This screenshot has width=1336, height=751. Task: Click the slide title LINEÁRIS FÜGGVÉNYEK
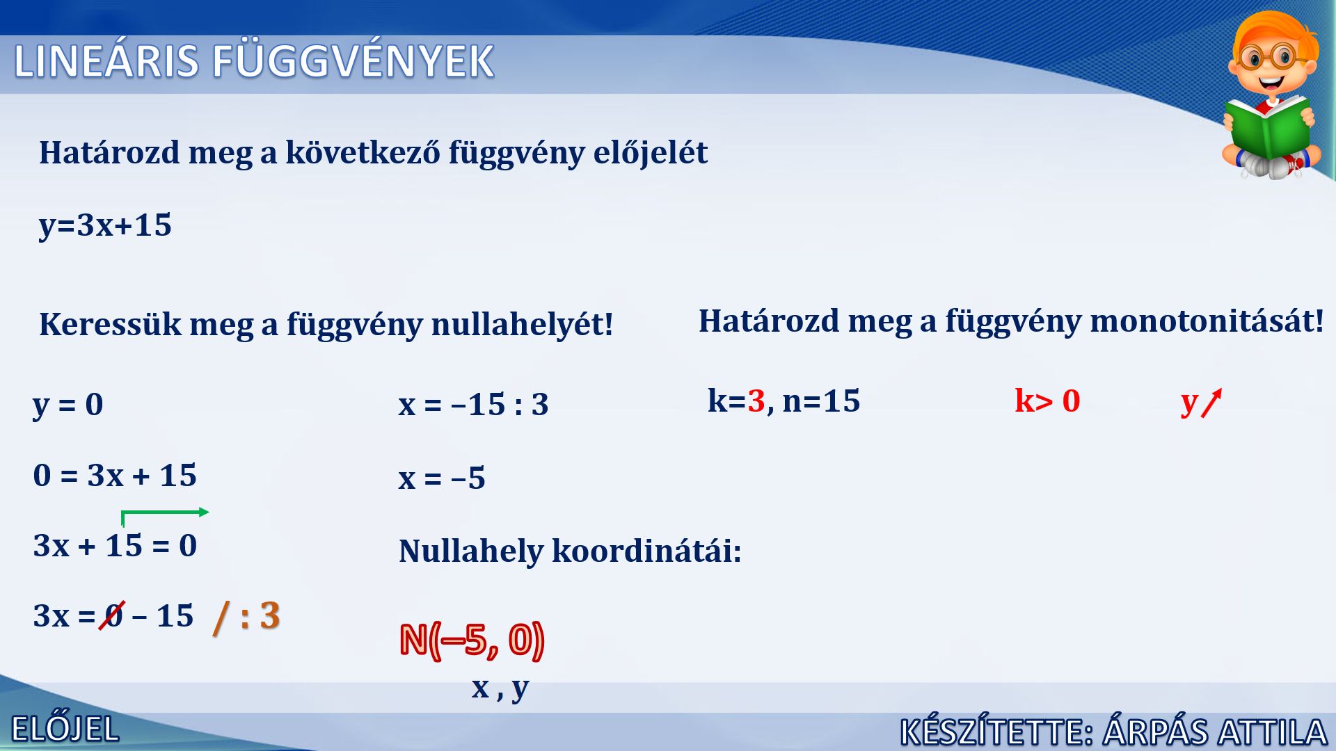pyautogui.click(x=254, y=60)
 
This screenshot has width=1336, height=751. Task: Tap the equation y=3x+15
pyautogui.click(x=105, y=225)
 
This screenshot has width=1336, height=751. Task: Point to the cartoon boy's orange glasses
pyautogui.click(x=1272, y=56)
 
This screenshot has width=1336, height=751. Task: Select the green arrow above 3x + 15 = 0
pyautogui.click(x=165, y=513)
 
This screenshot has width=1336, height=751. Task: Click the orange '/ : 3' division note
pyautogui.click(x=247, y=615)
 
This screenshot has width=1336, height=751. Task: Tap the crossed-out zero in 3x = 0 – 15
pyautogui.click(x=112, y=615)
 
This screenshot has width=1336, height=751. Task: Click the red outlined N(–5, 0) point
pyautogui.click(x=472, y=640)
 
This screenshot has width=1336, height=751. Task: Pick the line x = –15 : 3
pyautogui.click(x=473, y=405)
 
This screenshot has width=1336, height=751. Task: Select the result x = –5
pyautogui.click(x=442, y=478)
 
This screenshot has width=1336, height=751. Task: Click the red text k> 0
pyautogui.click(x=1047, y=401)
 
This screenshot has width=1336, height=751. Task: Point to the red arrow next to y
pyautogui.click(x=1211, y=403)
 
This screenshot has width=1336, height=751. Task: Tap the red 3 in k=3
pyautogui.click(x=756, y=401)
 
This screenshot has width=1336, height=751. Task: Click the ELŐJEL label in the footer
pyautogui.click(x=65, y=730)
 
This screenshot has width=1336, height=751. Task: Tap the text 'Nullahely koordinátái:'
pyautogui.click(x=570, y=551)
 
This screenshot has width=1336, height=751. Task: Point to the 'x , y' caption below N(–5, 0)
pyautogui.click(x=500, y=688)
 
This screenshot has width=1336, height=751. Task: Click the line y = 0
pyautogui.click(x=68, y=405)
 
